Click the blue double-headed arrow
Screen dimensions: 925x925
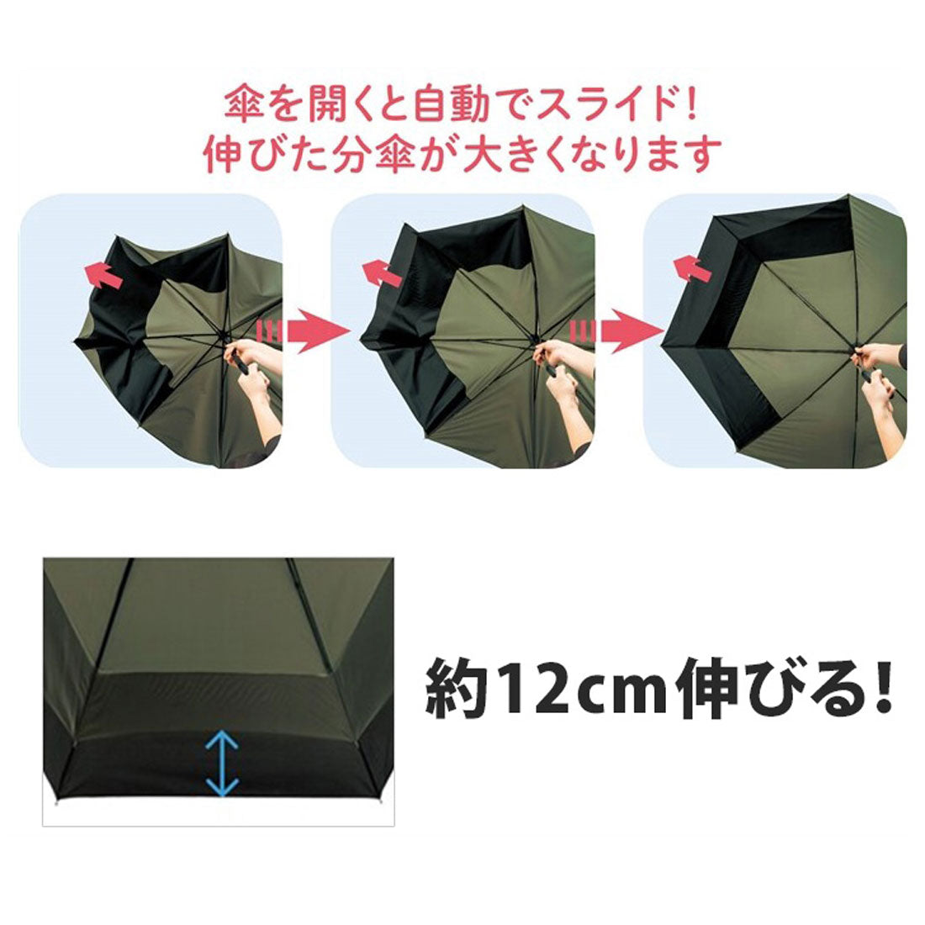point(220,762)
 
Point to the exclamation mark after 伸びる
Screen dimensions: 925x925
point(880,688)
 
